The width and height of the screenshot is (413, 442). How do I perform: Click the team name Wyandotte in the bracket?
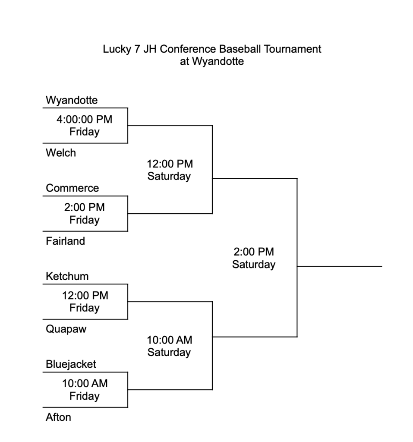tap(72, 100)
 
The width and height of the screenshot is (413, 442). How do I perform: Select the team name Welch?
tap(61, 153)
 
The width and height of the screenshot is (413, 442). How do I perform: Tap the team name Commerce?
tap(73, 188)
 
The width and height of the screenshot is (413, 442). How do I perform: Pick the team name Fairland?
tap(66, 241)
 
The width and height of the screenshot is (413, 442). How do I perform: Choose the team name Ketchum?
tap(67, 276)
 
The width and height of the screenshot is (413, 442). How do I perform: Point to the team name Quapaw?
tap(66, 329)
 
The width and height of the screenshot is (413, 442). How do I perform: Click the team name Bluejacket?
tap(71, 364)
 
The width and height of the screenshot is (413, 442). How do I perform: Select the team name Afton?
tap(58, 417)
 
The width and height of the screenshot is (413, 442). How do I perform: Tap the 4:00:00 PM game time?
tap(85, 119)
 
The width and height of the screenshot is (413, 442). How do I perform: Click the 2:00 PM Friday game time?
tap(85, 213)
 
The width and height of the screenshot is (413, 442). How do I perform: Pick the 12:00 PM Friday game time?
tap(85, 302)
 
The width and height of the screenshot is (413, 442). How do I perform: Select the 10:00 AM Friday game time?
tap(85, 390)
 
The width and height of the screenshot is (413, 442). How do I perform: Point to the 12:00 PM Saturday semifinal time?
tap(170, 170)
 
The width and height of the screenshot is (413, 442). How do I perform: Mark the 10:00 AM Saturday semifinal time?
tap(170, 346)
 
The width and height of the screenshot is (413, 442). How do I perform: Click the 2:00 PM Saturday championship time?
tap(254, 258)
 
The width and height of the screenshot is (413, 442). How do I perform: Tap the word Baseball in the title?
tap(240, 49)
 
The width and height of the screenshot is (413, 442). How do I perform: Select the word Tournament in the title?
tap(293, 49)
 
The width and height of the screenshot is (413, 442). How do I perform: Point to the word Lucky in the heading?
tap(117, 49)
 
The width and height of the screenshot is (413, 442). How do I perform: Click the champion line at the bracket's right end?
tap(340, 266)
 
